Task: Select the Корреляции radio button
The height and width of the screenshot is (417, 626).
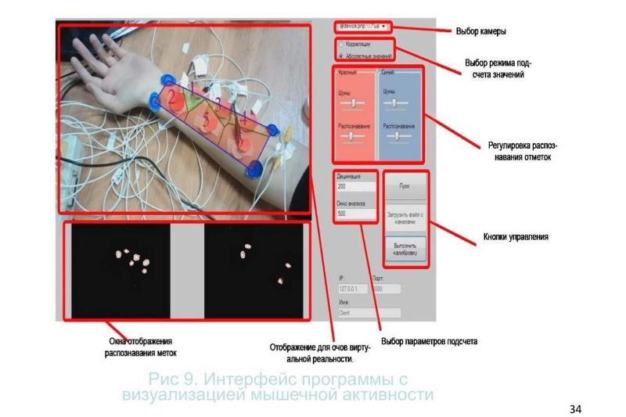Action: point(340,45)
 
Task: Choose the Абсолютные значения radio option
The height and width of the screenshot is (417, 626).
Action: point(340,56)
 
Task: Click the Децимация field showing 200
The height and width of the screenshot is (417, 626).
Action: point(355,187)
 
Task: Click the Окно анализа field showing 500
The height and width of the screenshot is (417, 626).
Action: point(355,213)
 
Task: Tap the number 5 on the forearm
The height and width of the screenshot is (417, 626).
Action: point(206,122)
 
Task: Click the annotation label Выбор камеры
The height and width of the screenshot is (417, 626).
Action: point(480,32)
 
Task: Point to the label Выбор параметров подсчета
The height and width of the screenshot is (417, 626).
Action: point(429,342)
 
